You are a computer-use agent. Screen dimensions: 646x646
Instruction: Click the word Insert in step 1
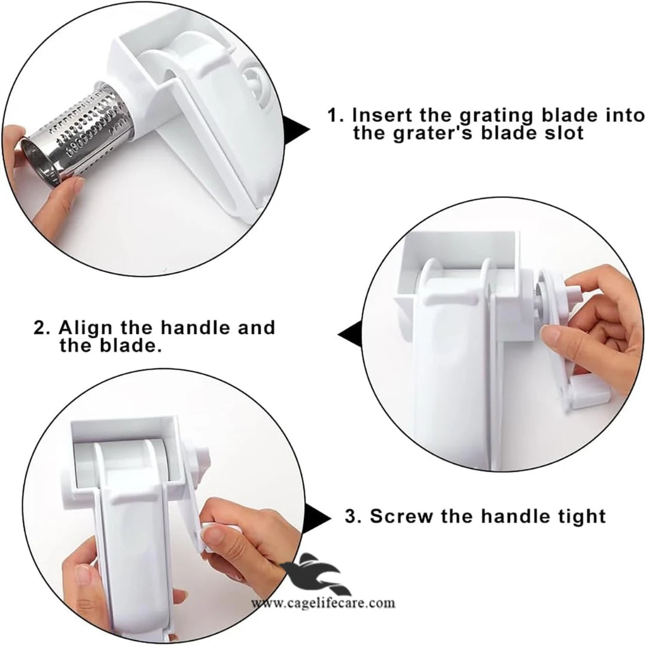(383, 115)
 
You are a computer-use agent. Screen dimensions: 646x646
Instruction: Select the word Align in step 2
(86, 328)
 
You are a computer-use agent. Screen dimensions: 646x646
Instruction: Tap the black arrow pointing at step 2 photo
(350, 334)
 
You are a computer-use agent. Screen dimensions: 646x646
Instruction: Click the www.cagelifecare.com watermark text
(323, 604)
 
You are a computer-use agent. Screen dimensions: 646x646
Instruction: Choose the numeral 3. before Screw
(353, 516)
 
